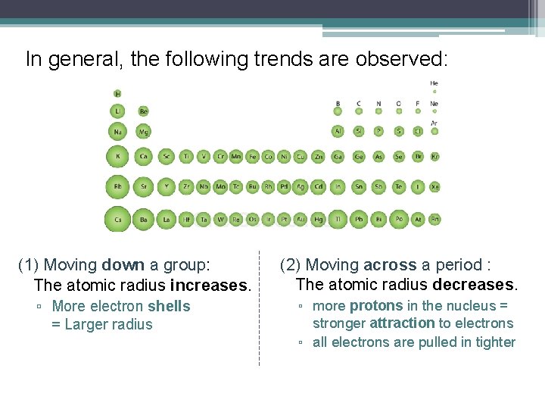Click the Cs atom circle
(x=117, y=220)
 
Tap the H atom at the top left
(x=117, y=93)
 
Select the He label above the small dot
(x=434, y=83)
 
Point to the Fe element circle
(x=253, y=157)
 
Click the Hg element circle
(x=319, y=220)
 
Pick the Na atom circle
(x=117, y=132)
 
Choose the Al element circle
(x=338, y=131)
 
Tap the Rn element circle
(x=434, y=220)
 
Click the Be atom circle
(x=143, y=111)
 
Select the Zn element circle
(x=319, y=157)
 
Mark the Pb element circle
(x=358, y=220)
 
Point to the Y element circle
(x=166, y=186)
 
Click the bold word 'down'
(x=122, y=265)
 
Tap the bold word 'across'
(x=390, y=265)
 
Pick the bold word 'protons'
(x=376, y=306)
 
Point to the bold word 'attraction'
(x=402, y=323)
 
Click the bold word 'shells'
(x=169, y=307)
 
